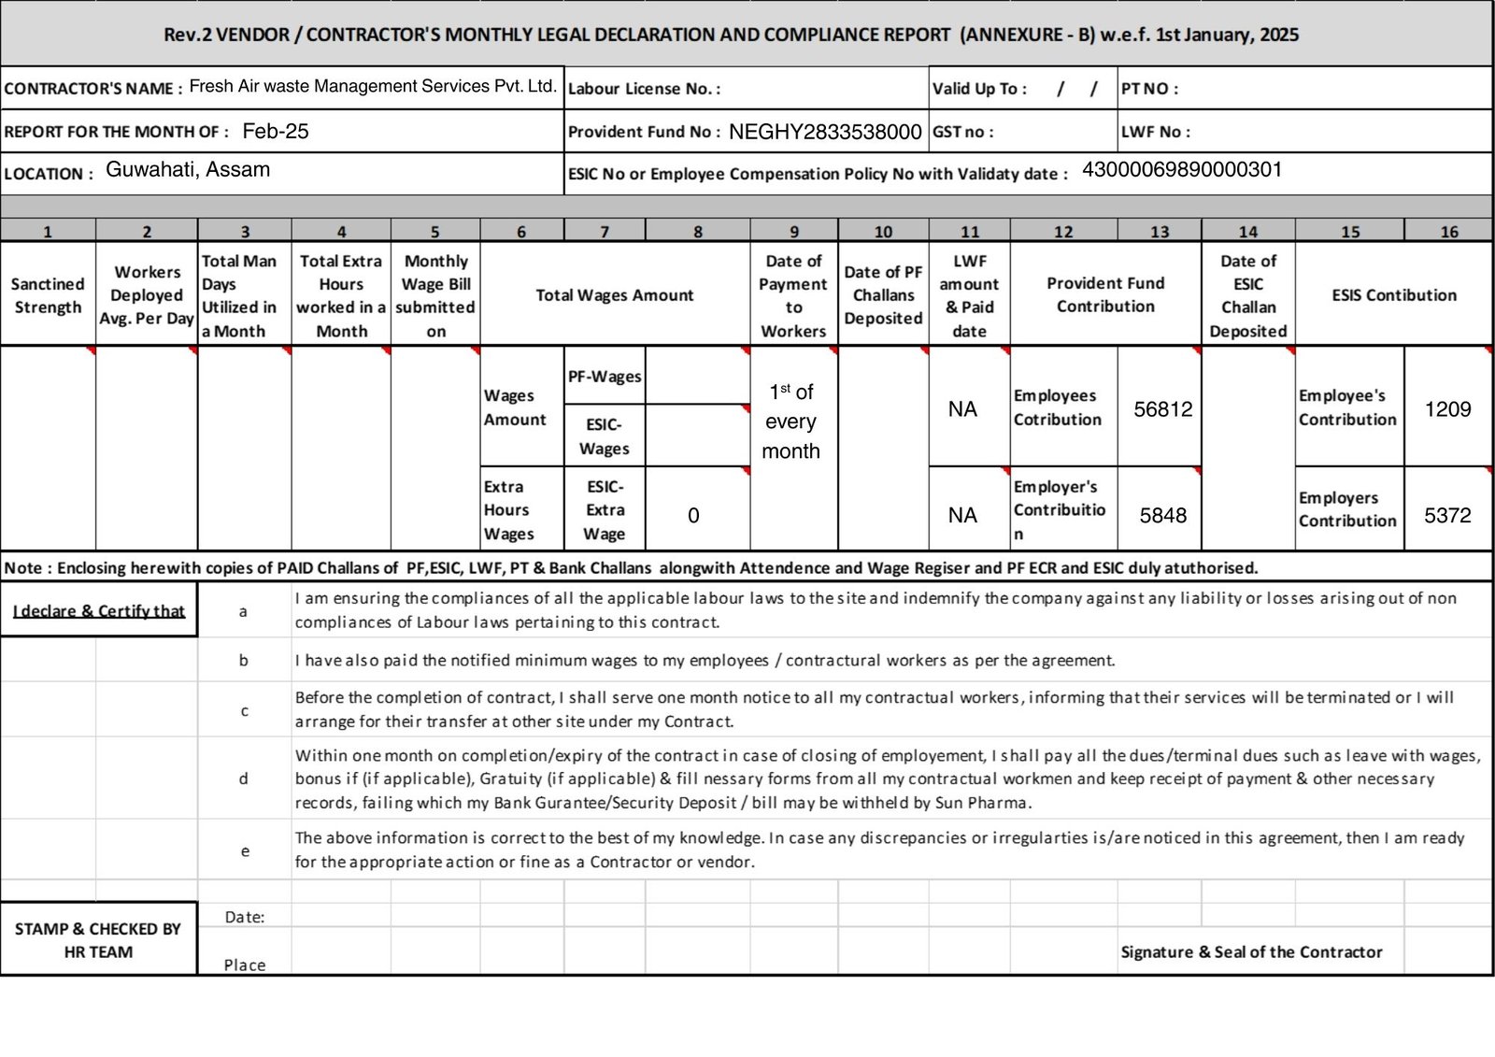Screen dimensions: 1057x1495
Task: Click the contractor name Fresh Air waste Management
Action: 372,87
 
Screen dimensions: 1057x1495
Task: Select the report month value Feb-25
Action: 275,132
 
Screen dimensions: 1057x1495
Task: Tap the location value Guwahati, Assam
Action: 188,170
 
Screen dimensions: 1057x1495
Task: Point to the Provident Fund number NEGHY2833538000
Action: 825,132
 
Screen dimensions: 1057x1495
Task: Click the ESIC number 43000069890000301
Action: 1182,170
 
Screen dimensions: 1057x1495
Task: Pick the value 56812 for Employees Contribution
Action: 1162,409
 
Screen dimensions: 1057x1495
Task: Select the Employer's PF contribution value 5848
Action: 1162,515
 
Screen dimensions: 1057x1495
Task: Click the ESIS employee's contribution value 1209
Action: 1447,409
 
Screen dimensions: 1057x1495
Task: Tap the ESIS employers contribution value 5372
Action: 1447,515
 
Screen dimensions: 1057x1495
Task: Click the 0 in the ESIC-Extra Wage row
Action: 693,515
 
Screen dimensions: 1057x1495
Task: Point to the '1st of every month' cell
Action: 790,421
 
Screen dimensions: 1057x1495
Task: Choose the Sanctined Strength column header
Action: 48,295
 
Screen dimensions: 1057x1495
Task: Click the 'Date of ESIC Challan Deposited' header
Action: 1247,295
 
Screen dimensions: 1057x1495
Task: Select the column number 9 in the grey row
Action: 793,232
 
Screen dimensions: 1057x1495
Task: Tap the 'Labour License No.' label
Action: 644,89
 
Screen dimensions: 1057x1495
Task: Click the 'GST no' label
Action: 962,132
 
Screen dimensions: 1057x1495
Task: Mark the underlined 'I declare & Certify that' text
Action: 99,611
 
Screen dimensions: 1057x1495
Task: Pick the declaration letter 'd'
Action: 244,778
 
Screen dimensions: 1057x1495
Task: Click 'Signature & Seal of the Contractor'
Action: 1251,951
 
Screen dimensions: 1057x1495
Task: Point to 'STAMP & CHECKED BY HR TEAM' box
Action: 98,940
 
